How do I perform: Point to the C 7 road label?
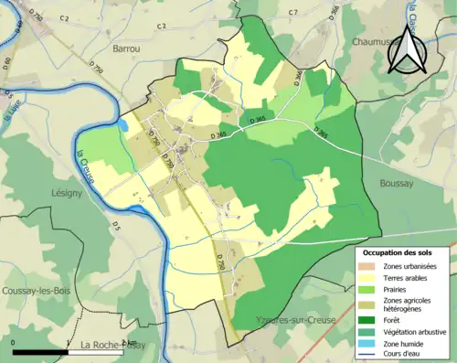pos(292,12)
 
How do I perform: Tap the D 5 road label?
pos(116,223)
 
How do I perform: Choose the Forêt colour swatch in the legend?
pos(371,319)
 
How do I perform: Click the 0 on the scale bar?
pos(15,343)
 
